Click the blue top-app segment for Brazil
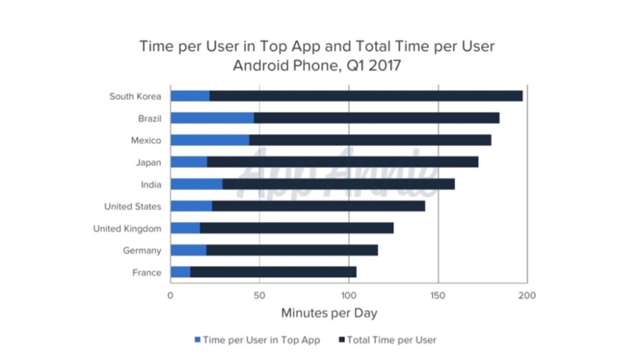click(x=212, y=119)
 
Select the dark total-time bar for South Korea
click(x=365, y=96)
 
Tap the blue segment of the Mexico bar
click(x=210, y=140)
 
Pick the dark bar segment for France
click(x=273, y=272)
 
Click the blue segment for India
click(x=196, y=184)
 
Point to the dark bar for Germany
click(x=292, y=250)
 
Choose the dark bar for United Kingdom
click(x=296, y=228)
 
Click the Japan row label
click(x=149, y=163)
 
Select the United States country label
click(x=133, y=206)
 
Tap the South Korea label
click(x=135, y=97)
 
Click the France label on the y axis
click(x=147, y=273)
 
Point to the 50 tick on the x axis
click(x=259, y=295)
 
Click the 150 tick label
click(x=438, y=295)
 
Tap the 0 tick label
click(x=170, y=295)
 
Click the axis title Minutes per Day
click(x=329, y=313)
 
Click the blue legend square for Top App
click(x=197, y=340)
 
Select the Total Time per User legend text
click(x=391, y=340)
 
